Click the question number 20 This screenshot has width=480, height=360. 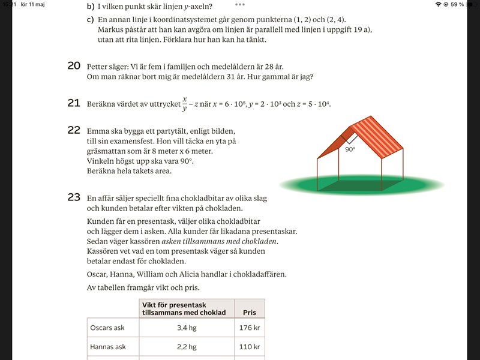point(74,66)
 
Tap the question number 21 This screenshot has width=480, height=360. point(74,103)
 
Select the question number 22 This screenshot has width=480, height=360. point(74,130)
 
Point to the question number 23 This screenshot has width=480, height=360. point(74,197)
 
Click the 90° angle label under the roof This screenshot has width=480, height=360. point(350,149)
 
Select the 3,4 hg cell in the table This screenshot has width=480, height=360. point(187,328)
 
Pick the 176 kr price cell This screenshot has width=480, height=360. point(249,328)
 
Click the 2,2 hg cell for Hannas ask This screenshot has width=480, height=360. point(187,347)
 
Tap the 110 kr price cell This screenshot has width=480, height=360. point(249,347)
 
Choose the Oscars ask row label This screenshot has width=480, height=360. point(108,328)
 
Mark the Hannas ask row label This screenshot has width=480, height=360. point(108,347)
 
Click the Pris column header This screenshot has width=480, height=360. point(249,313)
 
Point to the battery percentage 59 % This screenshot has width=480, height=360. point(457,5)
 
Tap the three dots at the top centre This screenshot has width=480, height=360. point(240,4)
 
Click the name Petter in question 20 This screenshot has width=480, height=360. point(99,67)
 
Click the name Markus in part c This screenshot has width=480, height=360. point(111,29)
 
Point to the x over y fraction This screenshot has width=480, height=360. point(185,103)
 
